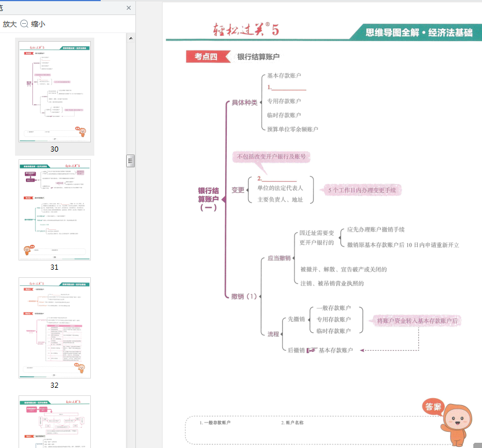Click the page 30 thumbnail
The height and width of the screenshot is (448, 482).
point(54,91)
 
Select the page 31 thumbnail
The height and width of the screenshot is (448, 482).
point(54,210)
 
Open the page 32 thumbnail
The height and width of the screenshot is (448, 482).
point(54,328)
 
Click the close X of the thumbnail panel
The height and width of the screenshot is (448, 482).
point(128,8)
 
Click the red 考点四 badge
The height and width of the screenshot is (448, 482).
point(205,56)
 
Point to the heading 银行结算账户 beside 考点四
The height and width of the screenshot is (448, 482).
point(258,57)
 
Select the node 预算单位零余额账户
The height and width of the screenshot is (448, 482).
point(292,129)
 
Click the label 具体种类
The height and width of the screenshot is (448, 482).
point(244,102)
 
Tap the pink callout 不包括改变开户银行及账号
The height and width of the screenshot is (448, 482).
point(271,157)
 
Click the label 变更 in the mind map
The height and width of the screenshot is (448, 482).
point(238,190)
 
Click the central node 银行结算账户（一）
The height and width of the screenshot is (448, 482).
point(208,199)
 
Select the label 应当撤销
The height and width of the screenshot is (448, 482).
point(279,258)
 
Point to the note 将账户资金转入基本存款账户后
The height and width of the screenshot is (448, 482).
point(417,321)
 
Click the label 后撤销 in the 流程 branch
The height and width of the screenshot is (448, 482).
point(296,350)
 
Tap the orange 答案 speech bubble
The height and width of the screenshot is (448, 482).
point(433,406)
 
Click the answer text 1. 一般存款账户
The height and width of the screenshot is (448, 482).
point(215,423)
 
